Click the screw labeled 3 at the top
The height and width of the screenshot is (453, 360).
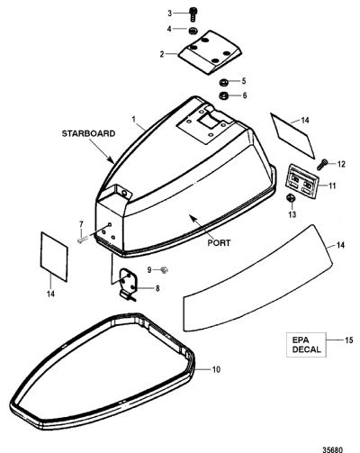[x=193, y=14]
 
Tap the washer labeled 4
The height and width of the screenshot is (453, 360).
[x=193, y=31]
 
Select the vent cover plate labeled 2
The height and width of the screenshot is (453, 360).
[x=210, y=52]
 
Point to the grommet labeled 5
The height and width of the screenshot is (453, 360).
[x=223, y=82]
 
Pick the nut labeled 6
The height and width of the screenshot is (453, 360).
[x=223, y=95]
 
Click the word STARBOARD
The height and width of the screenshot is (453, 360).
[x=88, y=133]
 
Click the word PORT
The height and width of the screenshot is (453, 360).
[x=219, y=242]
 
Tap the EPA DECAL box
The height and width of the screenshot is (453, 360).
[x=306, y=345]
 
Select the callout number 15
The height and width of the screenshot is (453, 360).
[x=349, y=340]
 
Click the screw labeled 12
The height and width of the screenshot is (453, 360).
[x=321, y=164]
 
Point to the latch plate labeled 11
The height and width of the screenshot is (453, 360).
[x=301, y=181]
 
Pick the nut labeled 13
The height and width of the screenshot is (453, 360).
[x=290, y=198]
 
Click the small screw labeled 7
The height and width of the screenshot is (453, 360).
[x=82, y=240]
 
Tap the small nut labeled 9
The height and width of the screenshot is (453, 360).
[x=164, y=270]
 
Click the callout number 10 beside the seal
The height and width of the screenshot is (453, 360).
[x=216, y=369]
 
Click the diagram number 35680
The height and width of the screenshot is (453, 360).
[x=332, y=449]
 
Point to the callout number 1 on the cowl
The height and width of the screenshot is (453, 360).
[x=134, y=120]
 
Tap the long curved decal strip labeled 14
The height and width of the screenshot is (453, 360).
[x=258, y=278]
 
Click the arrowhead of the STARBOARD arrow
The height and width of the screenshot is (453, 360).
[x=112, y=161]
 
